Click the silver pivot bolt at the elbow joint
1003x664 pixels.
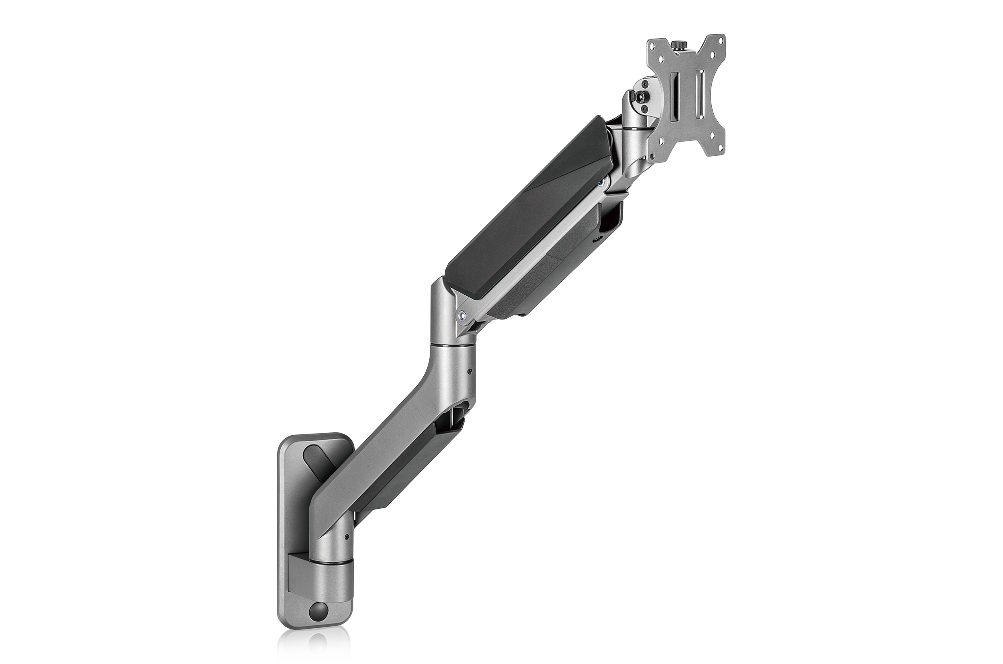[462, 315]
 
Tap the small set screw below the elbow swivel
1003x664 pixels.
[470, 371]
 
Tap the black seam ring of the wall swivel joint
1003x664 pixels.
[332, 563]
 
